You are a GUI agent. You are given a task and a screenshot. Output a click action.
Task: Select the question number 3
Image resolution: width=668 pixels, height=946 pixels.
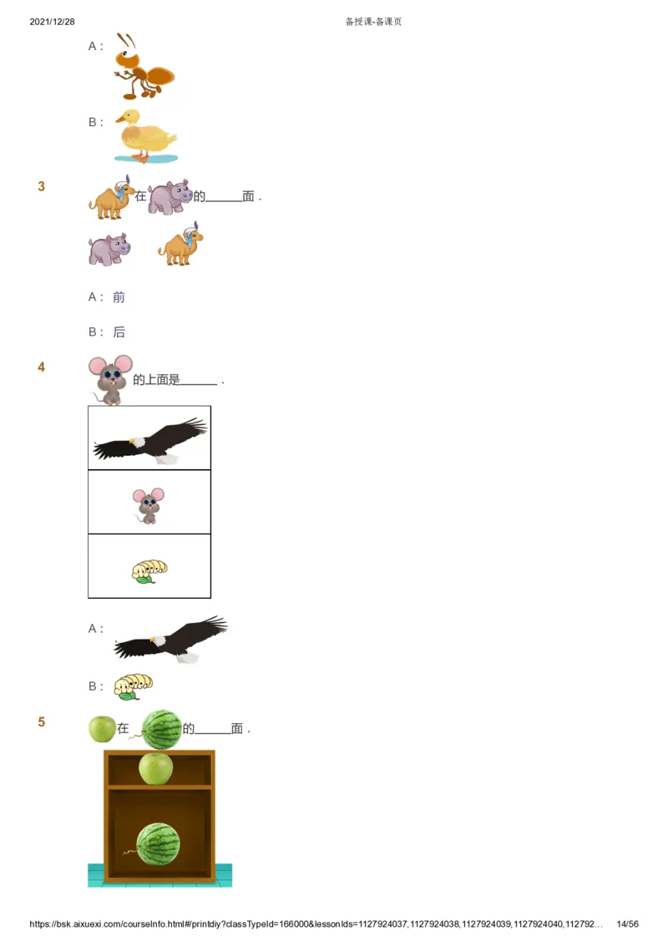click(x=42, y=186)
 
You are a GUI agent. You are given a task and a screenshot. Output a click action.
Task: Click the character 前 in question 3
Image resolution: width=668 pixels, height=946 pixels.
click(x=119, y=296)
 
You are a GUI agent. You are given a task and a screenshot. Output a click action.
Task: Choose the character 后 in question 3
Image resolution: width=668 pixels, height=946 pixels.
click(x=119, y=331)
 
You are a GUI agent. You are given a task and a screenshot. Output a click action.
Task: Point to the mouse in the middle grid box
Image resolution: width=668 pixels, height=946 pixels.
click(x=149, y=505)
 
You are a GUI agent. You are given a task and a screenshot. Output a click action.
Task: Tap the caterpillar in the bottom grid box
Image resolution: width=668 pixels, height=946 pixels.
click(x=149, y=571)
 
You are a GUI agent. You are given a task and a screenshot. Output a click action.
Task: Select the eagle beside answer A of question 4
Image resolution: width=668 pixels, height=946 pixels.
click(x=170, y=640)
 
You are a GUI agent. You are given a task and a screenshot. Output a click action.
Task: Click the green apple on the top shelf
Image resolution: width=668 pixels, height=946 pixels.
click(x=155, y=768)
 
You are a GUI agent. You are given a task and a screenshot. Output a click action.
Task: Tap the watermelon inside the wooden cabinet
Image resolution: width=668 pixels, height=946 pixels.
click(x=157, y=844)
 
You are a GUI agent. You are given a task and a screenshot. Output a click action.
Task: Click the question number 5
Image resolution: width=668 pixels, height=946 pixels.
click(x=42, y=722)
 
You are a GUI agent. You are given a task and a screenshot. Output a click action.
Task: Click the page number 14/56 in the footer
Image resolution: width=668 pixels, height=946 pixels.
click(x=627, y=924)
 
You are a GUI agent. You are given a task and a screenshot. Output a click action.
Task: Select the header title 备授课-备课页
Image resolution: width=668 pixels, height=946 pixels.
click(x=373, y=22)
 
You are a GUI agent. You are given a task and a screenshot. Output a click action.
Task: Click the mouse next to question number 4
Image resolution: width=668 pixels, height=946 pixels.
click(x=111, y=380)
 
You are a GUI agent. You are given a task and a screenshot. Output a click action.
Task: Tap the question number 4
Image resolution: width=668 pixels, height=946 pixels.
click(x=42, y=367)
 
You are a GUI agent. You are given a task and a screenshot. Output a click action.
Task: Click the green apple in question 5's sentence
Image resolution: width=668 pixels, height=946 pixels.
click(x=102, y=729)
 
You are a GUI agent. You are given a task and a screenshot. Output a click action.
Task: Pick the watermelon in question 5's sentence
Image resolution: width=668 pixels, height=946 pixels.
click(x=161, y=729)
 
